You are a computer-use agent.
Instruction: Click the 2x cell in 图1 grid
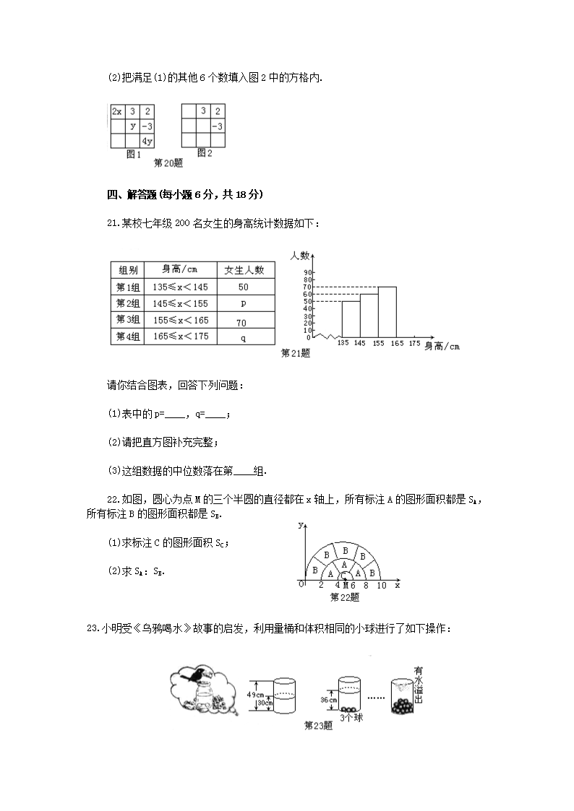[117, 111]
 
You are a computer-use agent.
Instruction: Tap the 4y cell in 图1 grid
[147, 141]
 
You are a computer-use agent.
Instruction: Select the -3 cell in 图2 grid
[217, 126]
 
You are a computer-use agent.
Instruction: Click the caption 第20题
[168, 163]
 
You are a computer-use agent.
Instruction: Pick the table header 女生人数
[245, 269]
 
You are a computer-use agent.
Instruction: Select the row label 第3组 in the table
[127, 320]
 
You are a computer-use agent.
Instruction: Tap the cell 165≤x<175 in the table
[181, 337]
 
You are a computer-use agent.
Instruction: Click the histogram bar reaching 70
[387, 312]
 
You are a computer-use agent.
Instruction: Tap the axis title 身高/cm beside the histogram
[441, 347]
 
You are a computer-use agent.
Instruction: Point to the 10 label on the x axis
[382, 585]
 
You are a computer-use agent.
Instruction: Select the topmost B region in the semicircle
[344, 550]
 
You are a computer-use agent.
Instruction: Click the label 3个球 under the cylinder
[351, 717]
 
